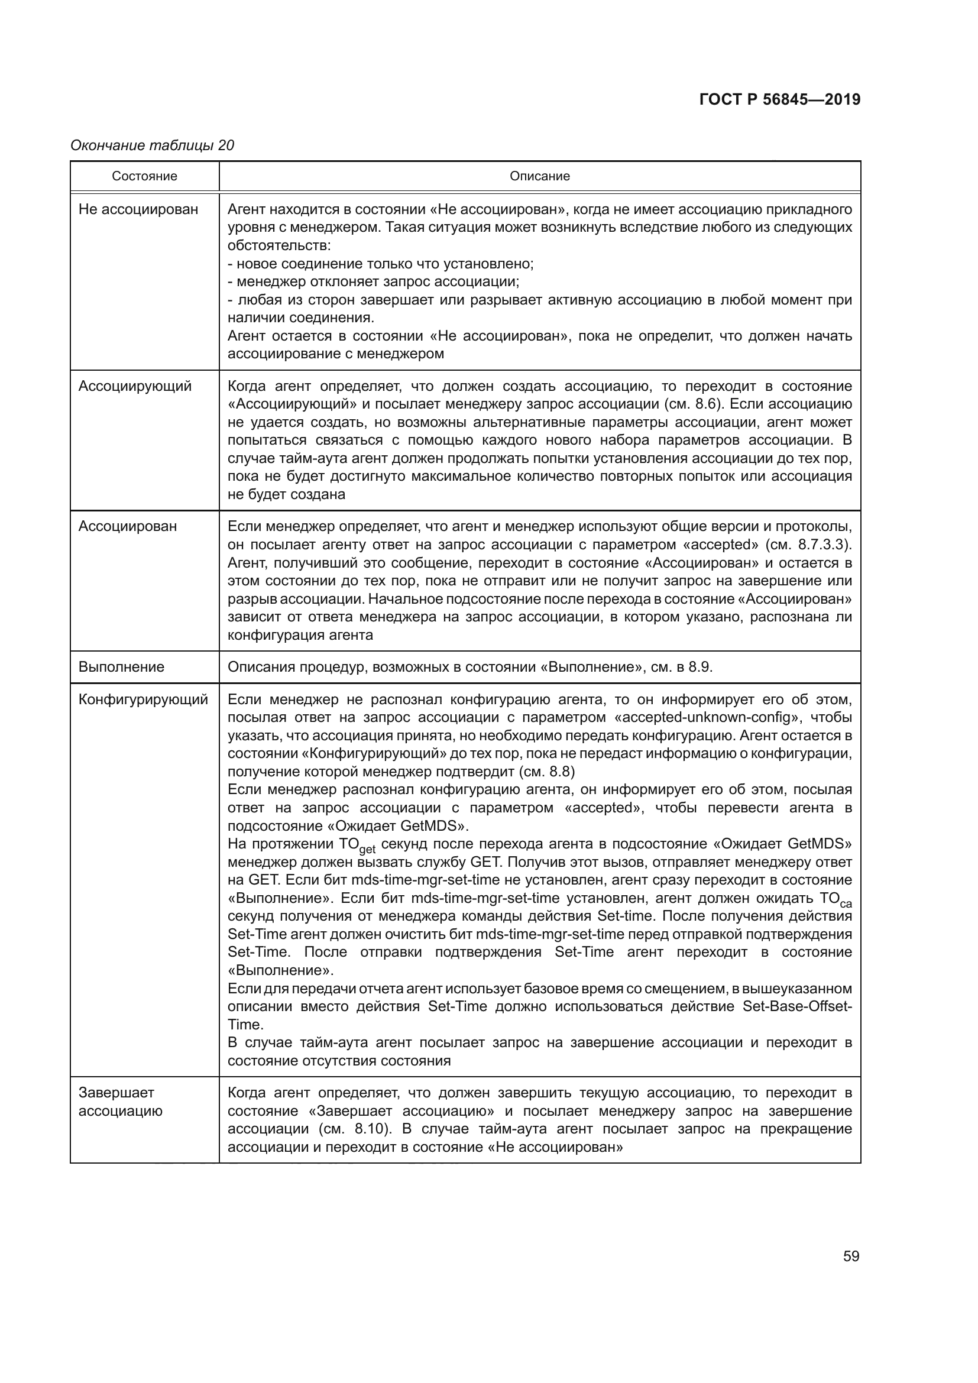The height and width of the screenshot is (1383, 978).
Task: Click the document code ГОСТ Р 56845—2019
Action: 780,99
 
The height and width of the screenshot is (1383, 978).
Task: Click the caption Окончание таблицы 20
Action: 153,145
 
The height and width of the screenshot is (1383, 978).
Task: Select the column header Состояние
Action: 144,176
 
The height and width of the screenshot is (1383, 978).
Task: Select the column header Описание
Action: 540,176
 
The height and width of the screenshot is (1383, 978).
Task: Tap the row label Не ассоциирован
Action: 138,210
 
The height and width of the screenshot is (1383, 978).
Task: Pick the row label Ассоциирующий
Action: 135,386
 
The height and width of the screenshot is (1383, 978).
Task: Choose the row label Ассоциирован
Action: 128,526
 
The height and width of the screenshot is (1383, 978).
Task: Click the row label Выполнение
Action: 121,668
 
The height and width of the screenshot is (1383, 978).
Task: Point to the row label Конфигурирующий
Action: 143,700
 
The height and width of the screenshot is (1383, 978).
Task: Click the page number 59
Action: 851,1256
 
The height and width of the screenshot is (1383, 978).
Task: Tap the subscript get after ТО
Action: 367,850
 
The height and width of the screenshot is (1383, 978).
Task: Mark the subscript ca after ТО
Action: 846,904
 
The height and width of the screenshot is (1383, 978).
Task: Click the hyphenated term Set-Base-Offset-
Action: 797,1006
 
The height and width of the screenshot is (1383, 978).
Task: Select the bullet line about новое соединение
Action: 381,264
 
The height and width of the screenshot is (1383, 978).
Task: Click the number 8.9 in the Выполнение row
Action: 700,668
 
